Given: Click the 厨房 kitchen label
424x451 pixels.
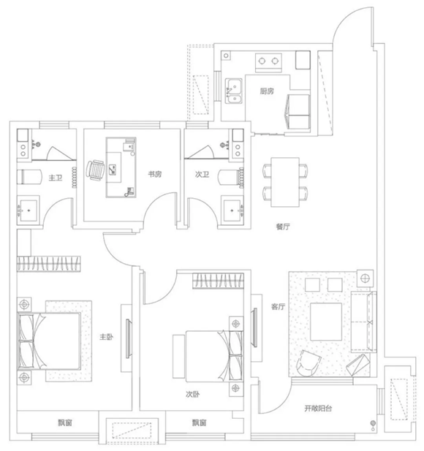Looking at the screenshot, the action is coord(267,91).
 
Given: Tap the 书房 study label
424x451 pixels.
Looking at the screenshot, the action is coord(155,174).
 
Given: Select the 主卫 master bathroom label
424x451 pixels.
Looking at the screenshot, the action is coord(56,178).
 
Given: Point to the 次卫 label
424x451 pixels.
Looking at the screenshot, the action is coord(202,174).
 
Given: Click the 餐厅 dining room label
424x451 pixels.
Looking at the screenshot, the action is coord(283,227).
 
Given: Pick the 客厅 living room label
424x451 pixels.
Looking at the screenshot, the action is coord(278,306).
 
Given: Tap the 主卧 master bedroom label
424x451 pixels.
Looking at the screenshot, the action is coord(106,337).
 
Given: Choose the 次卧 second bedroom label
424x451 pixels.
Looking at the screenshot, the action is coord(192,394).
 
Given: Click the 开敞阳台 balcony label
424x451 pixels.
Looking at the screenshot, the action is coord(318,409).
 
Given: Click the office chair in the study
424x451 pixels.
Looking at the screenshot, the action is coord(95,170).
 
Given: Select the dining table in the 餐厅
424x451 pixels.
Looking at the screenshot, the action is coord(285,182).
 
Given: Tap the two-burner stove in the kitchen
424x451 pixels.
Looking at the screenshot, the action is coord(268,63).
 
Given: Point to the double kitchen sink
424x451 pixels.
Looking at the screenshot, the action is coord(234,91).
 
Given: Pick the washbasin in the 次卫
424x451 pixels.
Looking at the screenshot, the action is coord(232,211).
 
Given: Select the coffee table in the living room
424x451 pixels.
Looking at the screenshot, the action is coord(326,322).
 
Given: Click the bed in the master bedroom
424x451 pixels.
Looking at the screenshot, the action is coord(49,341).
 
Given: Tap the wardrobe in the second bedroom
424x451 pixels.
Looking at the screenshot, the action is coord(219,281).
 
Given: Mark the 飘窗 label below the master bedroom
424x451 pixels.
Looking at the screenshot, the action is coord(65,422).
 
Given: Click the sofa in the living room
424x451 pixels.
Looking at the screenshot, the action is coord(364,322).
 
